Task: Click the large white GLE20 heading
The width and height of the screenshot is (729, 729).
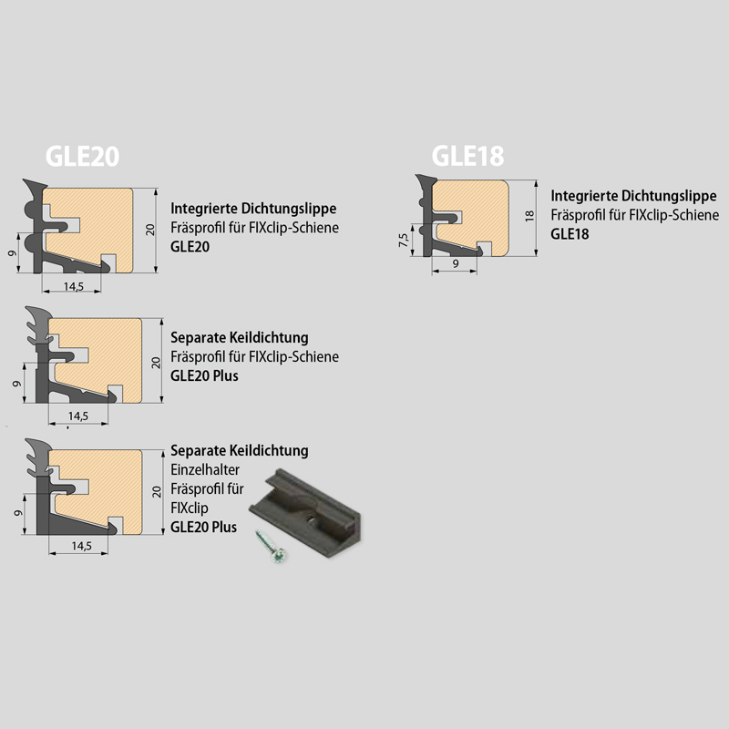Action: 82,156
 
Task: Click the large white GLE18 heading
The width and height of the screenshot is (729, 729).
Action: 467,156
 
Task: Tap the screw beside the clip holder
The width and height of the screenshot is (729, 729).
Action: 271,546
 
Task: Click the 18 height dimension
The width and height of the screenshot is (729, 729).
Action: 529,216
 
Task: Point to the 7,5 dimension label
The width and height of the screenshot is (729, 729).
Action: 403,240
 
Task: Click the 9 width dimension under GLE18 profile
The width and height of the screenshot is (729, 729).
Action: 456,263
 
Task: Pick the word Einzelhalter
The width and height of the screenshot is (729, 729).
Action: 205,469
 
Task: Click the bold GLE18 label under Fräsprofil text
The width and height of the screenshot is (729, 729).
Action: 570,234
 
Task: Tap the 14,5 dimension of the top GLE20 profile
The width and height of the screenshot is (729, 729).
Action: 74,286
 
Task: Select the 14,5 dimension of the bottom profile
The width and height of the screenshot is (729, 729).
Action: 81,546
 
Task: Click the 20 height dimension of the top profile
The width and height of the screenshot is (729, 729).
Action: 150,230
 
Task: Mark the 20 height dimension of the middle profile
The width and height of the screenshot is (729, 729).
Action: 156,363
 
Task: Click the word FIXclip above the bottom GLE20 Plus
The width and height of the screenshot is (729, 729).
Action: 190,508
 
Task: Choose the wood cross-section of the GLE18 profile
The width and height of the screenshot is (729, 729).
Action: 470,218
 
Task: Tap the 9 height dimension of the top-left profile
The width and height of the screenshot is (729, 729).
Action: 13,253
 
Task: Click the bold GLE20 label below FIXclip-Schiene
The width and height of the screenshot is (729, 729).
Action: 190,246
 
